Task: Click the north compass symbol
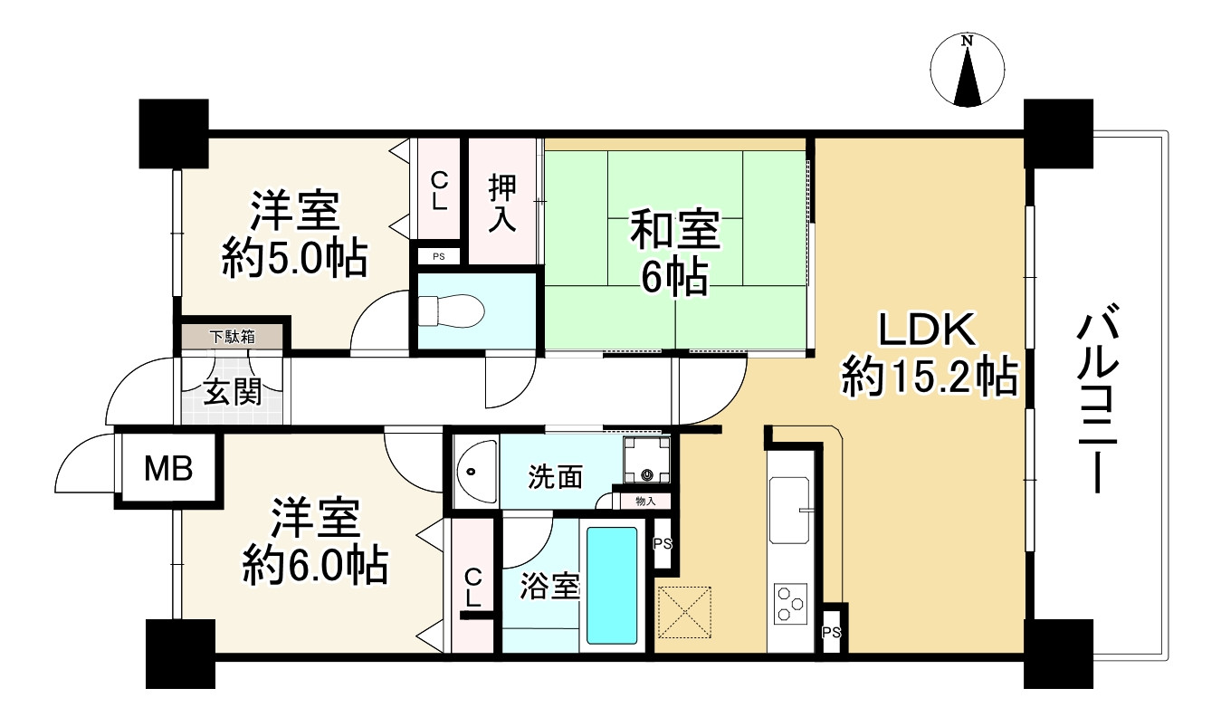(x=968, y=70)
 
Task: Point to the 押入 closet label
(x=502, y=204)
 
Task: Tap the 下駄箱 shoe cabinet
(x=233, y=337)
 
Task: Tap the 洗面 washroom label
(x=556, y=476)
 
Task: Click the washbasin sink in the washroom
(x=473, y=472)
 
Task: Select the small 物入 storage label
(x=645, y=500)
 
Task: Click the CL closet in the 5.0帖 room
(x=438, y=191)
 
